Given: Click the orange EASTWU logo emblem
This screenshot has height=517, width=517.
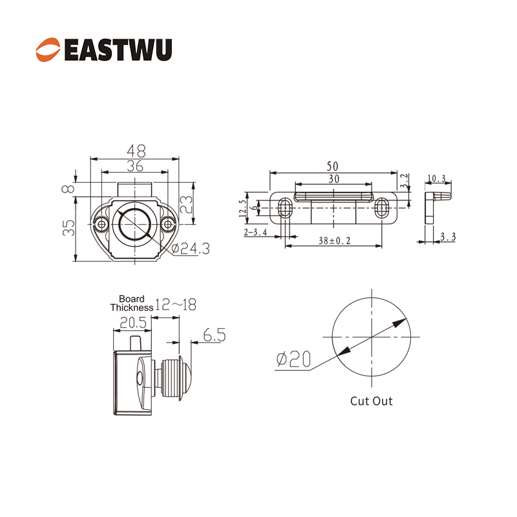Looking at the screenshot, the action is point(48,50).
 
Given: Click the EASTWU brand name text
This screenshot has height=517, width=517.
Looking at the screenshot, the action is point(118,50).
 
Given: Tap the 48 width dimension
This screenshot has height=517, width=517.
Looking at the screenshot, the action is point(136,151).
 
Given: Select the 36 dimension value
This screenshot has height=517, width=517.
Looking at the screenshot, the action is point(135,166).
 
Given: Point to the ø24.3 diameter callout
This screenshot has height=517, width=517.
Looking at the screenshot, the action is point(191,249).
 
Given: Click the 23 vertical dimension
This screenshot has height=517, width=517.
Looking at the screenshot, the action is point(186,204).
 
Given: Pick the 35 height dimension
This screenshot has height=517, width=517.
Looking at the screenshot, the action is point(69,228).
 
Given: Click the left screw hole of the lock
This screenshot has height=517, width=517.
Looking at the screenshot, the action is point(101,224).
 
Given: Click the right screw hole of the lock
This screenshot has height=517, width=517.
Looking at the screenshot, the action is point(168,224).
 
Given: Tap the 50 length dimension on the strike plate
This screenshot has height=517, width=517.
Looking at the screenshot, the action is point(332,166).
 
